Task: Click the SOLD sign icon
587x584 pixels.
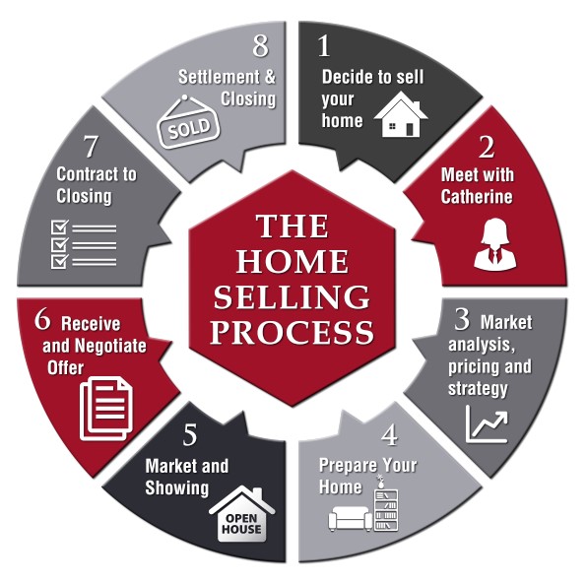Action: coord(188,122)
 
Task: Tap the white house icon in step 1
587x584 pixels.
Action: coord(401,114)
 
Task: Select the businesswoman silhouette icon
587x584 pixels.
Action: coord(494,244)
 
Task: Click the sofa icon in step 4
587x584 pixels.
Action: coord(350,518)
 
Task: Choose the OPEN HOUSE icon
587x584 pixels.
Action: coord(242,514)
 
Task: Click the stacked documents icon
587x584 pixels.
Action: coord(106,409)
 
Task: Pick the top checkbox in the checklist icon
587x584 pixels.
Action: coord(60,227)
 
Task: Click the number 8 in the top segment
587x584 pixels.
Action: coord(261,45)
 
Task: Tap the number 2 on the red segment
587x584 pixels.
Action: coord(487,147)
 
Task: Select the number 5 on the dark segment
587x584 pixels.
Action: coord(190,434)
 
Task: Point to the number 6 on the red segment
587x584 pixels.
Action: coord(42,320)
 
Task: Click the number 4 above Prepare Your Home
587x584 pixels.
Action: coord(390,435)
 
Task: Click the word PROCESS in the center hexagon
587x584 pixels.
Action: coord(293,332)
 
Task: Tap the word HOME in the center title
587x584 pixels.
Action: coord(293,261)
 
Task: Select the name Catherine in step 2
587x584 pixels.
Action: coord(477,197)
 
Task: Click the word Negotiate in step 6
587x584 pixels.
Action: coord(111,346)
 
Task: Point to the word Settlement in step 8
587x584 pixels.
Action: coord(219,77)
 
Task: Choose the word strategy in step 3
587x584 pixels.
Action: coord(478,389)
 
